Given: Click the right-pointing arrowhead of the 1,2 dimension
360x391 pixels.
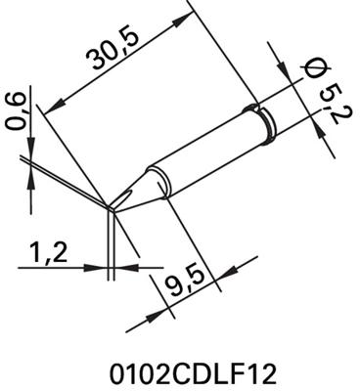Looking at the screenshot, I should [x=103, y=264].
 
